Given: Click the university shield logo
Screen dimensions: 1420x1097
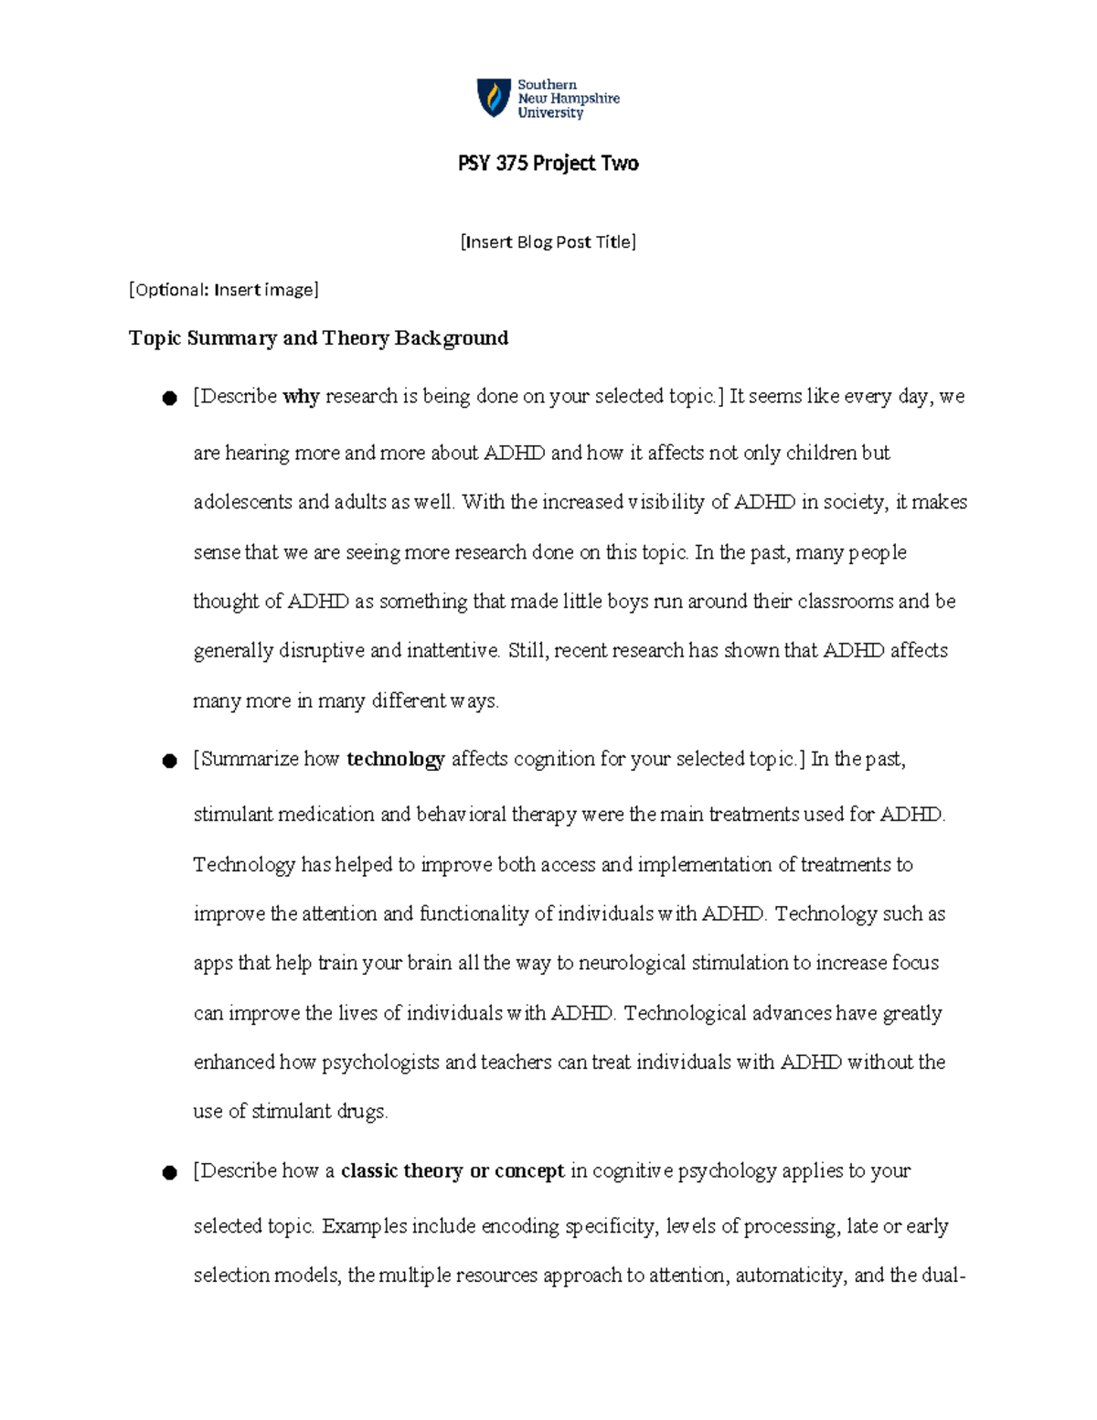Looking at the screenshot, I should tap(494, 98).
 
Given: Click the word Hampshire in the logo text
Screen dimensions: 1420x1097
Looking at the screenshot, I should tap(583, 99).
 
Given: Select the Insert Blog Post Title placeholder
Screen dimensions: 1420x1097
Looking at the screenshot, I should tap(548, 242).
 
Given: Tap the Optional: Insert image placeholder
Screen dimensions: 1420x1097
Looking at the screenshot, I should tap(224, 290).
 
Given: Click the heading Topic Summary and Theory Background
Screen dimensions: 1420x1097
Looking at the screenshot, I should tap(318, 338).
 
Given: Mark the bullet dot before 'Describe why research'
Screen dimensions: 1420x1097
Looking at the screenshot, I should tap(168, 398).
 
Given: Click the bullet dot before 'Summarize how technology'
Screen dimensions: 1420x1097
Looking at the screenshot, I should tap(168, 761).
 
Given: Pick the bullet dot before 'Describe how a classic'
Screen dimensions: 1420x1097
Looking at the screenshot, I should tap(168, 1173).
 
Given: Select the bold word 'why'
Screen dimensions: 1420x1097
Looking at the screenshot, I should tap(301, 397).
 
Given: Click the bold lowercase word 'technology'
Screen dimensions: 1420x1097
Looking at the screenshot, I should tap(396, 759).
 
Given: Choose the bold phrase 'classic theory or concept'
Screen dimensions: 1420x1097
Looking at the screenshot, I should tap(452, 1171).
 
